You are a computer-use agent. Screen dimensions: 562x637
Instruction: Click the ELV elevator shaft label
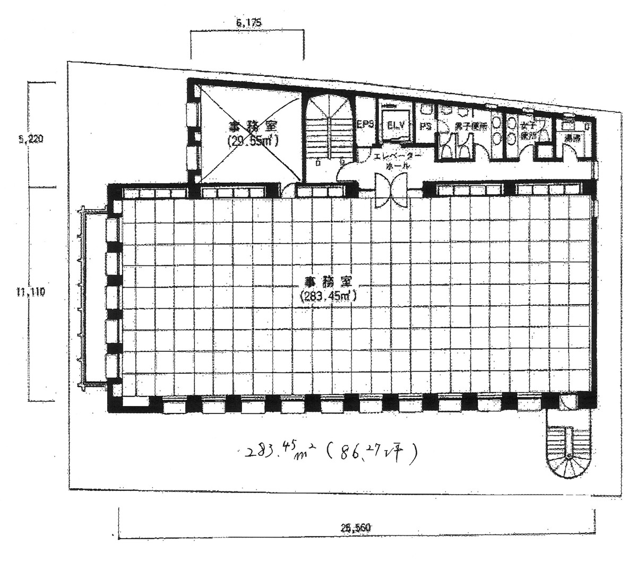[396, 125]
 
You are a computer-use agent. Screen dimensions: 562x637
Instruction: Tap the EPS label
[366, 125]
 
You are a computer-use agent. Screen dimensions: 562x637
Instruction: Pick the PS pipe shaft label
[425, 126]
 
